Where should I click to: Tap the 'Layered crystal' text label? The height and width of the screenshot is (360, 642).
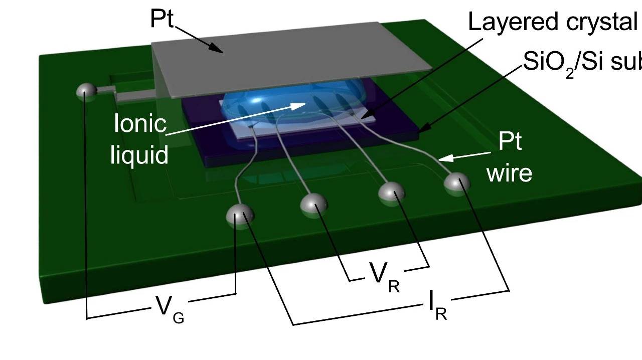552,22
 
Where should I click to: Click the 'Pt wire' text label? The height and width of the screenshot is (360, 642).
510,158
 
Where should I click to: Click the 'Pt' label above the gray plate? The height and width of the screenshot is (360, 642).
162,19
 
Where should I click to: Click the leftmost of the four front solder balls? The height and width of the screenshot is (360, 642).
240,216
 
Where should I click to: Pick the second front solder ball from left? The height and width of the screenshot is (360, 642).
314,203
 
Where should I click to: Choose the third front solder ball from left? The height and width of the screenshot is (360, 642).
392,193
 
